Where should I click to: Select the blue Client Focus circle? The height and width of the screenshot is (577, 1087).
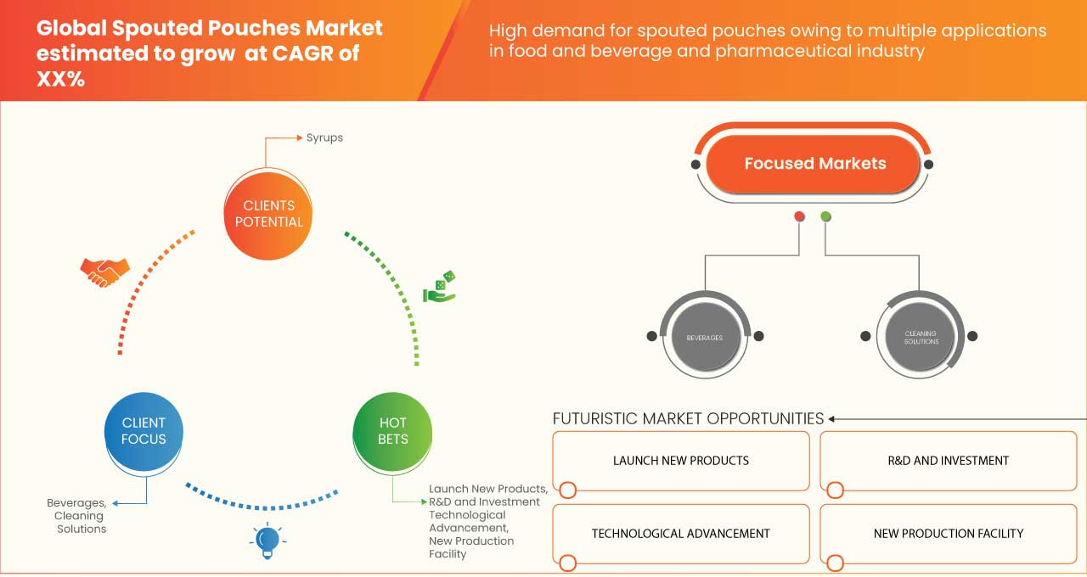144,431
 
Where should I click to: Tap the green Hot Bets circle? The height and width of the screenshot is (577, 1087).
392,431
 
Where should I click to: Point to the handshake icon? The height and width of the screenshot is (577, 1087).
104,272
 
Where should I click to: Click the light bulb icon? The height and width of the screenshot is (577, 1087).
268,541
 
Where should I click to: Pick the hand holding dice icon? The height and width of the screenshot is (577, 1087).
440,288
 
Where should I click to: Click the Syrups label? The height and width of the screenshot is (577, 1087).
324,137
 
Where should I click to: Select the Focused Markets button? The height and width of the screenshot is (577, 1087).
814,164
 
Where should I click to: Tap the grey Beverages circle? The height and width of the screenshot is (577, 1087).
704,338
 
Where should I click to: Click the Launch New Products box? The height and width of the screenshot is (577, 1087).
681,461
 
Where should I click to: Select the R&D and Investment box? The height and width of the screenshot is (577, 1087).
948,461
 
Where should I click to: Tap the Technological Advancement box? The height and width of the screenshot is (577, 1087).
681,534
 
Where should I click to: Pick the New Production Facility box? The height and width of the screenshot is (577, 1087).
948,534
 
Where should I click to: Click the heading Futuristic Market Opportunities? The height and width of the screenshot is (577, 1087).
688,418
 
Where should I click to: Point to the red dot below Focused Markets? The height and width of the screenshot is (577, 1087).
799,217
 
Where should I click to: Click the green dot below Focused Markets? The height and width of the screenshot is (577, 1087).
826,217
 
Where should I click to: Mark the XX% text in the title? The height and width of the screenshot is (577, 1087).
60,80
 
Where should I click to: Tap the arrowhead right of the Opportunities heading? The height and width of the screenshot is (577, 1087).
832,418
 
